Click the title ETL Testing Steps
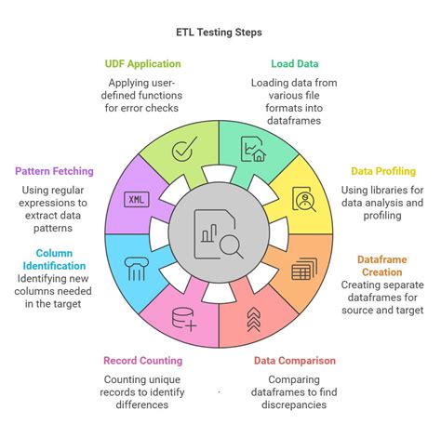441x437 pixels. (x=220, y=32)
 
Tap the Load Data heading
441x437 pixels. (x=295, y=64)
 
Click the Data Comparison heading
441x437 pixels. (x=295, y=360)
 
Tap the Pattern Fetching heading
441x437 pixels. (x=55, y=171)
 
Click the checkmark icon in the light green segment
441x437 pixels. (x=186, y=147)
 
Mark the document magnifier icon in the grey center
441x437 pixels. (x=219, y=232)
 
